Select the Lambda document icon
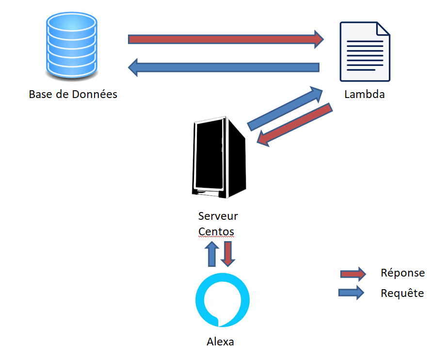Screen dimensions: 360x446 coord(365,52)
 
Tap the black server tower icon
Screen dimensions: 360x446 coord(218,158)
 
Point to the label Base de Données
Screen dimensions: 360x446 coord(73,94)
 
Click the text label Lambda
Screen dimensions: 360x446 coord(365,94)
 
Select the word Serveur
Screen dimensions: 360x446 coord(218,215)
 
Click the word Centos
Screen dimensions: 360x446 coord(216,231)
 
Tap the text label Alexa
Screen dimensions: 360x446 coord(221,342)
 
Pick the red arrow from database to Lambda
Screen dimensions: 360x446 coord(226,39)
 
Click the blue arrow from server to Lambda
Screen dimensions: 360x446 coord(286,108)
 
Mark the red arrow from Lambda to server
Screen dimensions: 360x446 coord(294,124)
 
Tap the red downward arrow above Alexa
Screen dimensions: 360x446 coord(228,254)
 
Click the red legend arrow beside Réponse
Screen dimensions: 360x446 coord(353,274)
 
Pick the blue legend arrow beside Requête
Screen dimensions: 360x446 coord(352,292)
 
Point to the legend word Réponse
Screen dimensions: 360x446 coord(403,273)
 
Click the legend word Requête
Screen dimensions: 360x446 coord(402,293)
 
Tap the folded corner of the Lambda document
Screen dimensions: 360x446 coord(382,29)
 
